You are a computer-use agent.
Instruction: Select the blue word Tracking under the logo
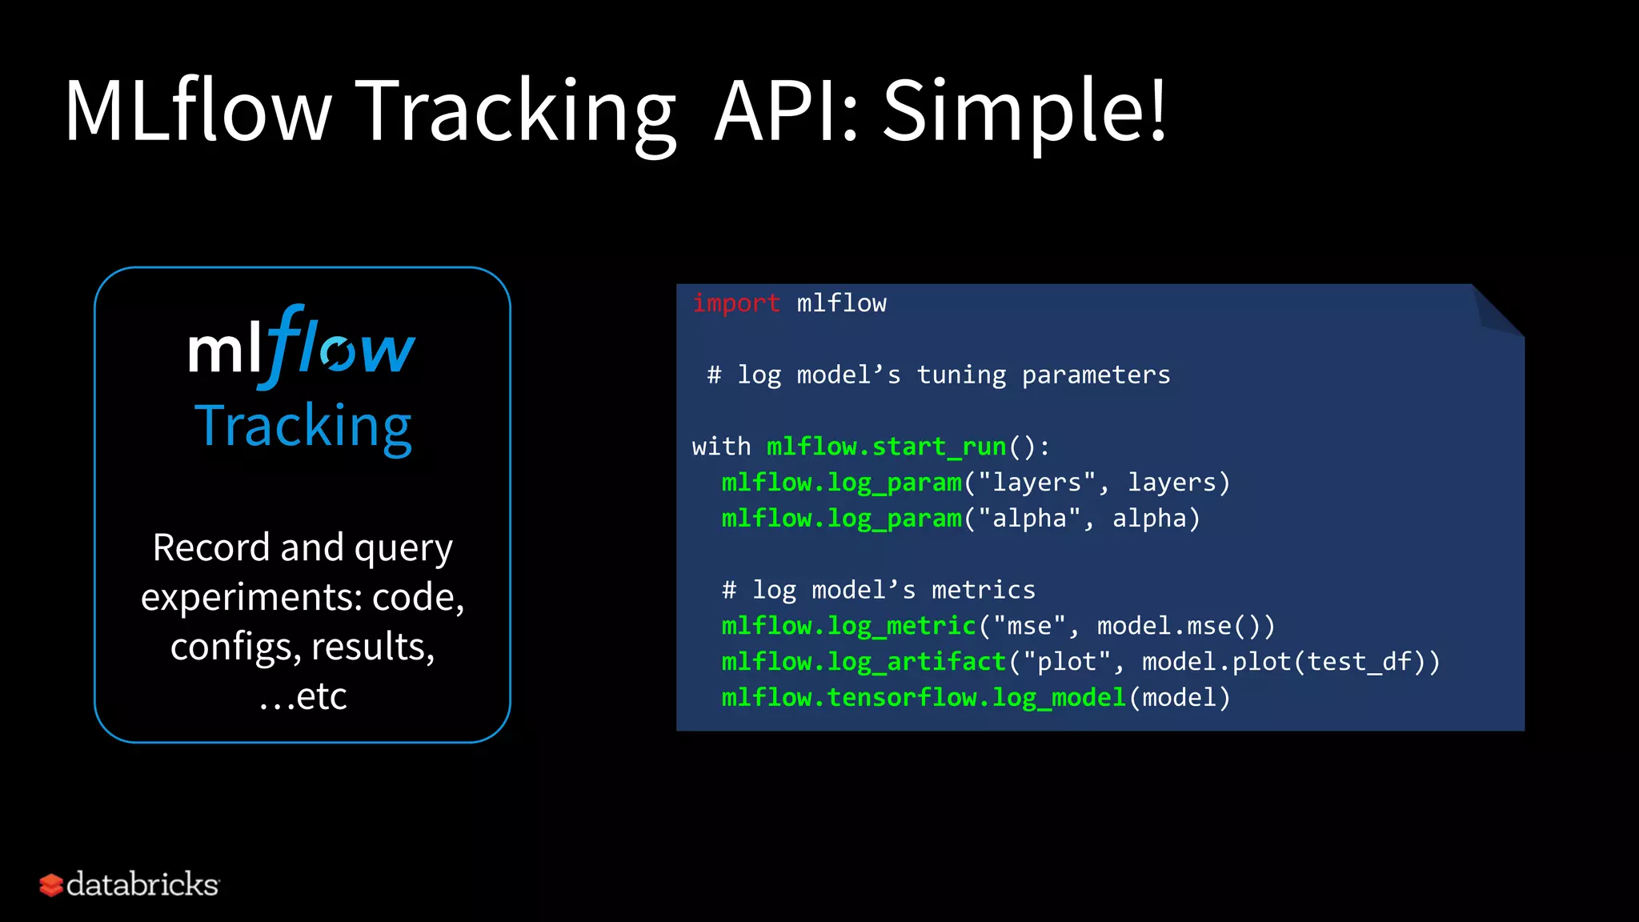303,426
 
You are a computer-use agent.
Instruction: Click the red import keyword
735,303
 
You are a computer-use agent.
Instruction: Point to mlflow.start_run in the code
886,447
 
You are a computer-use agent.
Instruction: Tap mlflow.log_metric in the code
848,626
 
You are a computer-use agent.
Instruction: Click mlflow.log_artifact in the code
863,662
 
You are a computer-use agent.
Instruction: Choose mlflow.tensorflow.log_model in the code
924,698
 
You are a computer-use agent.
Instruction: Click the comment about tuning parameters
938,375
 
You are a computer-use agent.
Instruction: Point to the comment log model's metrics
878,591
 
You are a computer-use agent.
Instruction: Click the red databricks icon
50,885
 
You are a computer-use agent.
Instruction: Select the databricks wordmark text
142,884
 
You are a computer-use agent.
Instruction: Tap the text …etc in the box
303,696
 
